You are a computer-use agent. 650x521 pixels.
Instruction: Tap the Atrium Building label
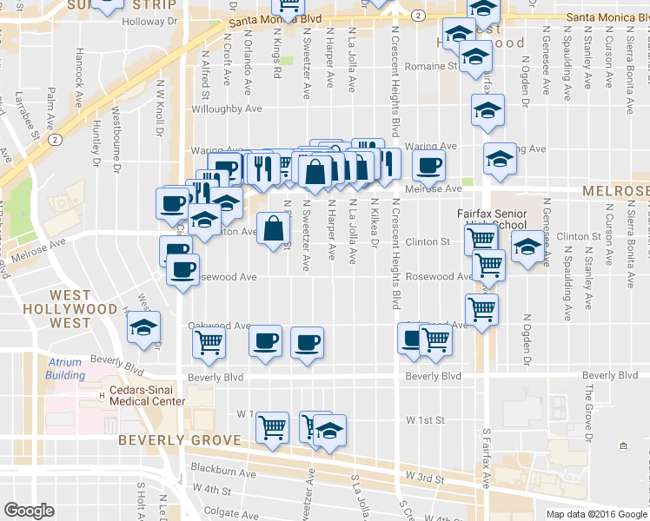[66, 369]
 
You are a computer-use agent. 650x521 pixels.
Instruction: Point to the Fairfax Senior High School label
[493, 219]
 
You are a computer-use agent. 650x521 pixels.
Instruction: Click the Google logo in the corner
[29, 511]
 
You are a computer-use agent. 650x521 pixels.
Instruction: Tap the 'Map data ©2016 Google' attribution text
[597, 514]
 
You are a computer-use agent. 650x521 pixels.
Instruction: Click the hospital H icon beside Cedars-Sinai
[102, 395]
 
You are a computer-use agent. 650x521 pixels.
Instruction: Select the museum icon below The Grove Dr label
[623, 446]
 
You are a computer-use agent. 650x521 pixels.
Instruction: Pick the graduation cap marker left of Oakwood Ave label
[143, 327]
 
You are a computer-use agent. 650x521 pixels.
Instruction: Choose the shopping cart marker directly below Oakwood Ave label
[209, 343]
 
